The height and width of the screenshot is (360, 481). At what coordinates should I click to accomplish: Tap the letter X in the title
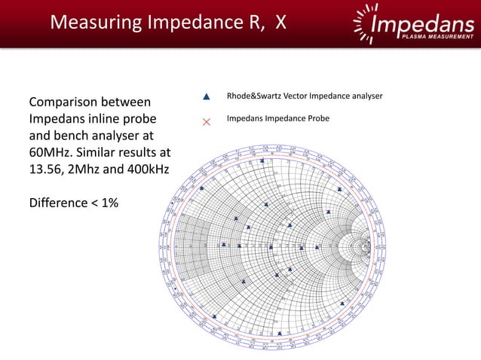[x=280, y=23]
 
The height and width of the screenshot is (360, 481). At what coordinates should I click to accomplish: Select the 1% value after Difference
[x=110, y=203]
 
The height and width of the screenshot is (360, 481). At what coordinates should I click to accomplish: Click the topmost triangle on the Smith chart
[x=262, y=160]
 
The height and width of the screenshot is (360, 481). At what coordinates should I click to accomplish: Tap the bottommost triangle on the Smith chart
[x=280, y=334]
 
